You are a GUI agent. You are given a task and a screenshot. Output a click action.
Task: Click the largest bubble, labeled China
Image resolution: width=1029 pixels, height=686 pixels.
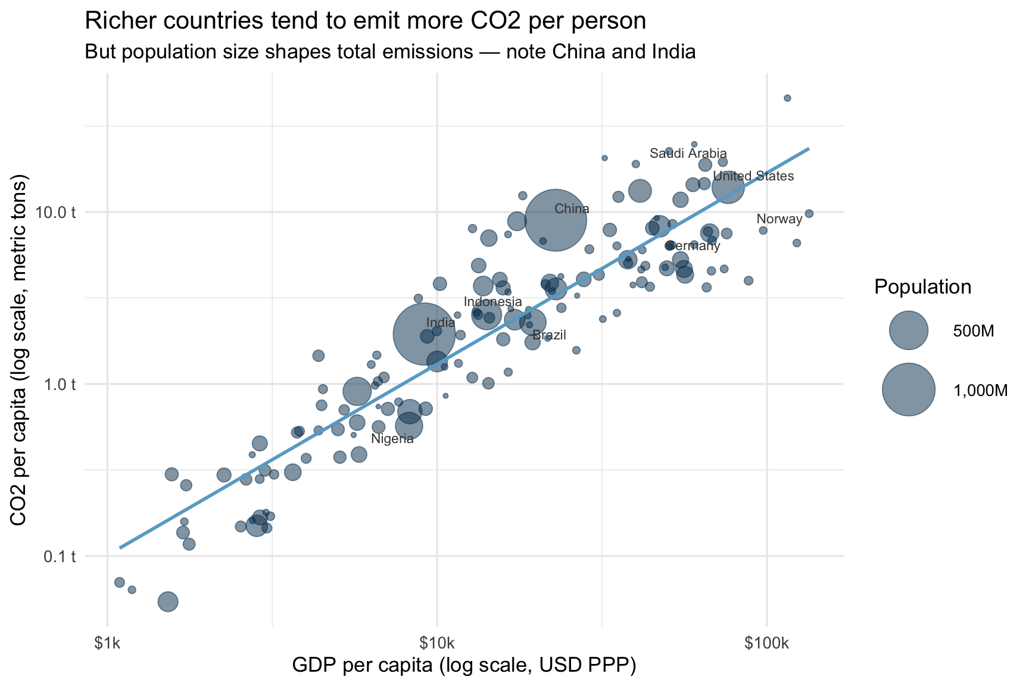556,220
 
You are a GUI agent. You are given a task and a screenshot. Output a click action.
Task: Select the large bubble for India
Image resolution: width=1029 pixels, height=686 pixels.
424,334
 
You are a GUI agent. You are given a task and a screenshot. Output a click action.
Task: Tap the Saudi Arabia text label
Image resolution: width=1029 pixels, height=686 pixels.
688,154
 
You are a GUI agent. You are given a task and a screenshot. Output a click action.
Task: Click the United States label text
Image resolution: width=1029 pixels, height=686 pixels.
753,176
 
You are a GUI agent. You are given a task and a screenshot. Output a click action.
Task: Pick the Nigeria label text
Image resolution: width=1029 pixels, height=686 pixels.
392,439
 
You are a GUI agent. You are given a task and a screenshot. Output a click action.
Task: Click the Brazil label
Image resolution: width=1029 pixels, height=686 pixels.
548,335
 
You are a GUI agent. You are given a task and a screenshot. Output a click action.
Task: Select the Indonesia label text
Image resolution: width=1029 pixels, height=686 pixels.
492,302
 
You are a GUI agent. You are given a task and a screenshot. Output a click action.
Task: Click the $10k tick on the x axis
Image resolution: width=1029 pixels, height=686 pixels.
437,644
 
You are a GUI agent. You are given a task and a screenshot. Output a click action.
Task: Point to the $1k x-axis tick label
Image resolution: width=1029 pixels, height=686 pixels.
107,644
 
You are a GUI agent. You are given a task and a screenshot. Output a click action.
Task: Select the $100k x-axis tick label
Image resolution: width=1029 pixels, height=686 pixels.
766,644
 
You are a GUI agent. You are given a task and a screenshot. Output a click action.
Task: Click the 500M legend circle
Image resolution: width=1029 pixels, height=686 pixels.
908,330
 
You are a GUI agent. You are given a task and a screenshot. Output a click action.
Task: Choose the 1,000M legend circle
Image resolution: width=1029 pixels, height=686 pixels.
908,389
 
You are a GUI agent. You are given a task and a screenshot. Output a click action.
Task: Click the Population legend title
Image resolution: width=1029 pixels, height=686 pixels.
922,288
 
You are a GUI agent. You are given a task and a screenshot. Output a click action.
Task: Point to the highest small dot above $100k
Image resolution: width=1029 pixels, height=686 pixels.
787,98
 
